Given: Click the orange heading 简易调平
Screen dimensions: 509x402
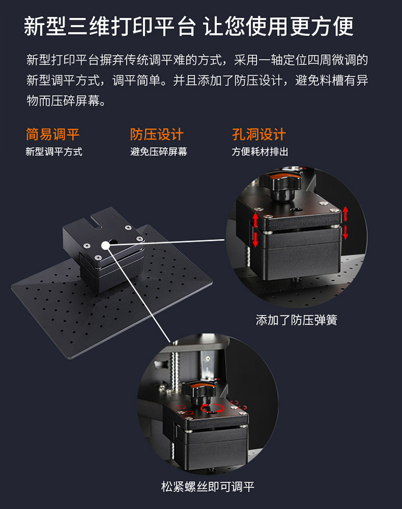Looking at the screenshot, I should tap(53, 134).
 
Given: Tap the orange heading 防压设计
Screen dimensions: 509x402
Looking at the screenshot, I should tap(157, 134).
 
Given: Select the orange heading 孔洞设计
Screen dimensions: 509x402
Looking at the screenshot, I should tap(259, 134).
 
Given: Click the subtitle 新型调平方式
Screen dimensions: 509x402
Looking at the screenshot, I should tap(54, 152).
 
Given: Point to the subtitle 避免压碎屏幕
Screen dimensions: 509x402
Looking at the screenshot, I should tap(159, 152).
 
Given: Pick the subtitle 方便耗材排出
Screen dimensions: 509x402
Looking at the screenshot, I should tap(260, 152).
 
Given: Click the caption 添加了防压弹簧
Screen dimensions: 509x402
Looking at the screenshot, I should tap(296, 321).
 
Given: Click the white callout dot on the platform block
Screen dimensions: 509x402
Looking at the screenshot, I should tap(105, 245).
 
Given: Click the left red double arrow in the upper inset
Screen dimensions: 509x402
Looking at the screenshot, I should tap(255, 229).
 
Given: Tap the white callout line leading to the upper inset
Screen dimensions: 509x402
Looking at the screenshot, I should tap(172, 241).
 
